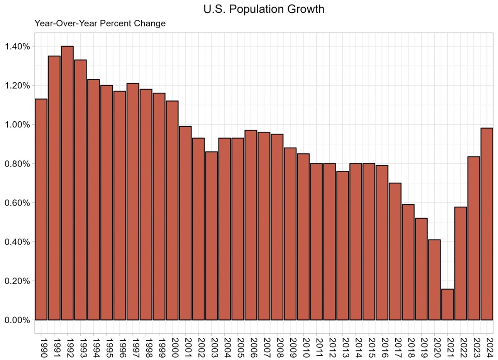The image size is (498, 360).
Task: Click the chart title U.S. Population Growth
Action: (x=264, y=9)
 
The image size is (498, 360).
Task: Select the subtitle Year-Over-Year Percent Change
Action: (x=100, y=23)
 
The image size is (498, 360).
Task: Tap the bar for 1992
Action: (x=67, y=183)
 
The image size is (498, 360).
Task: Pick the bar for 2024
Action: (x=487, y=224)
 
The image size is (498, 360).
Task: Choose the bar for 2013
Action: (x=342, y=246)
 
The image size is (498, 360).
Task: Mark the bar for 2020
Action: (x=434, y=280)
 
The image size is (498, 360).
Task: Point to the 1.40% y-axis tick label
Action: (x=17, y=46)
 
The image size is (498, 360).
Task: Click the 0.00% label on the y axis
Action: (x=17, y=320)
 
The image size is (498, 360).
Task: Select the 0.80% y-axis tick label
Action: (x=17, y=164)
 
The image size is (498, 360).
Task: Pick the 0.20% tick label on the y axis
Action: (x=17, y=281)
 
